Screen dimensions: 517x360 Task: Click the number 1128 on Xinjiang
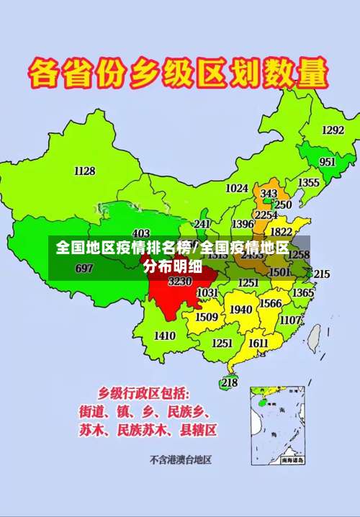point(84,171)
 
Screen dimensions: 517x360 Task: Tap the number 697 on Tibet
point(84,268)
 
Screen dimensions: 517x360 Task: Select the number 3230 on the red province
point(180,282)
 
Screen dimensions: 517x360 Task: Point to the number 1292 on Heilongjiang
point(333,130)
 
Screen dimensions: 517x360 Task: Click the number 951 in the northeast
point(328,162)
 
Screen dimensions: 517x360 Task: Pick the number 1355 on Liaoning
point(309,183)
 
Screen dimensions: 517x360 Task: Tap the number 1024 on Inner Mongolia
point(237,188)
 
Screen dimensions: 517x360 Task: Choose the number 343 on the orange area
point(269,194)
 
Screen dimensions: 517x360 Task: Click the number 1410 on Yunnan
point(165,336)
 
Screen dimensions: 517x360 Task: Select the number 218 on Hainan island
point(229,383)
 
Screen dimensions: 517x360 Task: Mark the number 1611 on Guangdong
point(258,343)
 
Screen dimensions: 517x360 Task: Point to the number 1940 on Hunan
point(241,310)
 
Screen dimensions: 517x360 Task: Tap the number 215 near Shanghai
point(322,274)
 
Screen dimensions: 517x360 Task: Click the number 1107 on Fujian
point(291,320)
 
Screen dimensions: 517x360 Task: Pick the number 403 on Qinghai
point(141,233)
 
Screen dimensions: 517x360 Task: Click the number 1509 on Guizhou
point(207,317)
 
